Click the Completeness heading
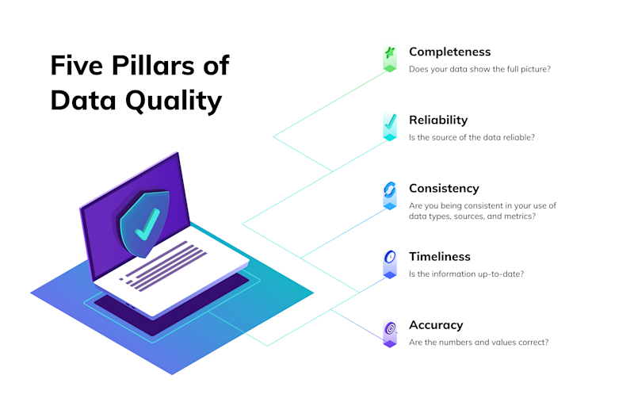point(449,52)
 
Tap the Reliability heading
point(438,121)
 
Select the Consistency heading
point(444,189)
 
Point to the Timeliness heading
point(440,257)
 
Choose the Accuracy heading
point(436,325)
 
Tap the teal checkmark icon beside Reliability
point(389,122)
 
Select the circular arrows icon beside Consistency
point(389,190)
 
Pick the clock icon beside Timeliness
point(389,258)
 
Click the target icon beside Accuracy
point(389,327)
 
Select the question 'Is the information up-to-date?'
point(466,274)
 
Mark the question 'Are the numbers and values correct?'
point(479,343)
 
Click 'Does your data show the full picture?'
point(479,70)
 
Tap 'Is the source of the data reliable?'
point(472,138)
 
